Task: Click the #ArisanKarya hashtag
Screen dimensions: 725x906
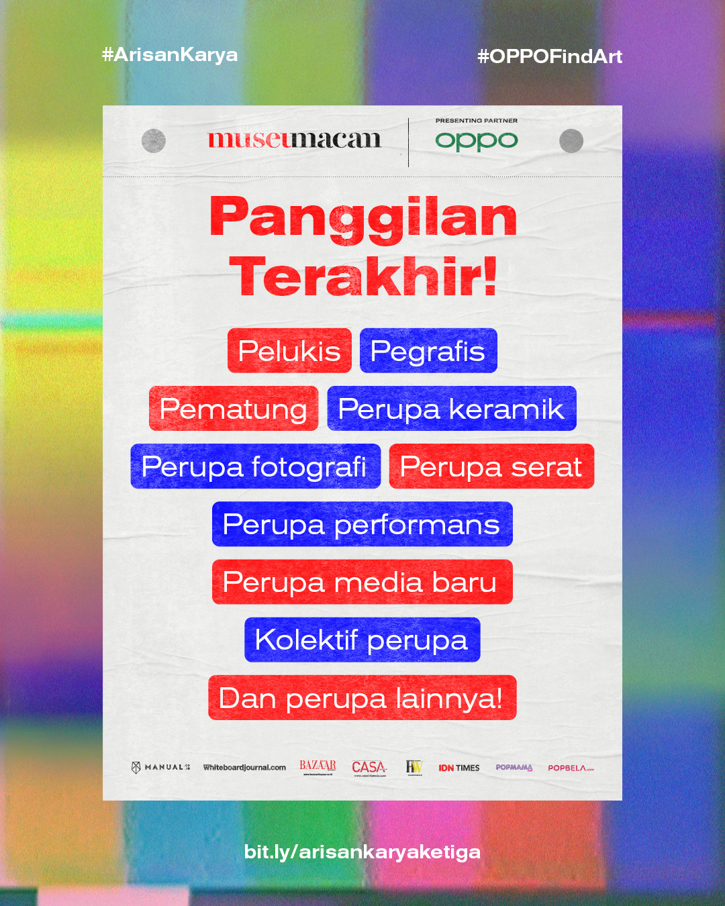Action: click(170, 55)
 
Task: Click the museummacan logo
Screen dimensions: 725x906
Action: click(295, 140)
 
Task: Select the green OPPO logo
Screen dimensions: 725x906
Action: click(477, 142)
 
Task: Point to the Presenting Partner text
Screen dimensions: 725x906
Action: click(477, 120)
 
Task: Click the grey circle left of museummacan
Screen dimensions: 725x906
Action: click(154, 141)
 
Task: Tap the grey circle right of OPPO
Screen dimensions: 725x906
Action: click(571, 141)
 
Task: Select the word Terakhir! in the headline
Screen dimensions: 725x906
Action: click(362, 276)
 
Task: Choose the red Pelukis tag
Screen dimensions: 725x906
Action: click(289, 350)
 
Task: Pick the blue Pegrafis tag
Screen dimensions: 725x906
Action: click(428, 350)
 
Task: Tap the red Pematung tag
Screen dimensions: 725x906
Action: click(234, 408)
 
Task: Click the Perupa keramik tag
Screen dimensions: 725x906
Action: click(452, 408)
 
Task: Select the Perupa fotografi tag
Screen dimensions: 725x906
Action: click(256, 466)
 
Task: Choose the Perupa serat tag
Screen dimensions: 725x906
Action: click(491, 466)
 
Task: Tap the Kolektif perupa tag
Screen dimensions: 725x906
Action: click(362, 640)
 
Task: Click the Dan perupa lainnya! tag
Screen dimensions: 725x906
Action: click(362, 697)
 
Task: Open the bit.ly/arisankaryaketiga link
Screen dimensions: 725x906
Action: click(362, 852)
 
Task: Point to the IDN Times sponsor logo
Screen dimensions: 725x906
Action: click(458, 768)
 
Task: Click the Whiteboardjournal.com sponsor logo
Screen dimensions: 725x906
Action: click(244, 768)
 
